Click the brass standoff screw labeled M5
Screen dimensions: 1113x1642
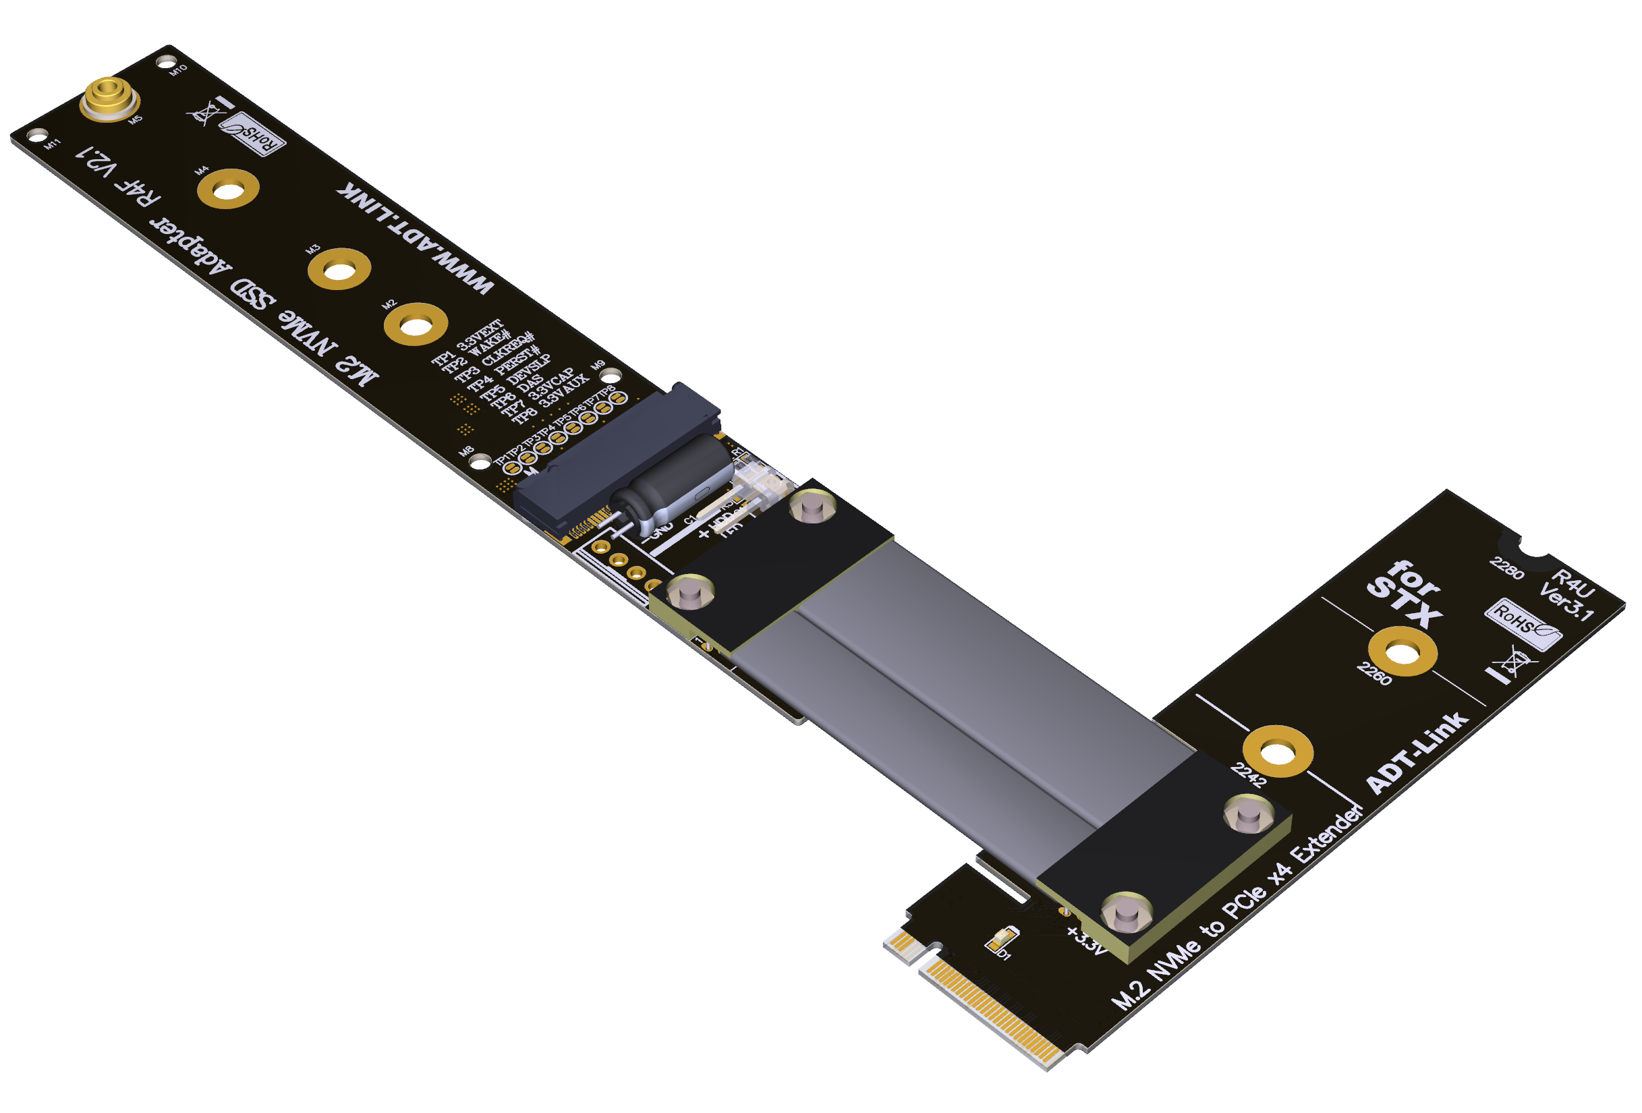109,97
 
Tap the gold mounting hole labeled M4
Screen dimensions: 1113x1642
228,190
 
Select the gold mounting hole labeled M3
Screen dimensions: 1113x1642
340,269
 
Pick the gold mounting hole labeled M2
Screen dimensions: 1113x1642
416,325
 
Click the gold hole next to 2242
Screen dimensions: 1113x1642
1278,752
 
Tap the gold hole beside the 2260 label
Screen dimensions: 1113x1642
1402,652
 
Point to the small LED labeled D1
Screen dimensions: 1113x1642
1002,940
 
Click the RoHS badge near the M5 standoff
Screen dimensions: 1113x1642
252,134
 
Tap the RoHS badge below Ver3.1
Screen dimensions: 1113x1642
1523,623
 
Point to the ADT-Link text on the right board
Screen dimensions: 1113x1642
1417,753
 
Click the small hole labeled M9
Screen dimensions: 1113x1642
610,376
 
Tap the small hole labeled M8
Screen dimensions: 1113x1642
480,463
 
